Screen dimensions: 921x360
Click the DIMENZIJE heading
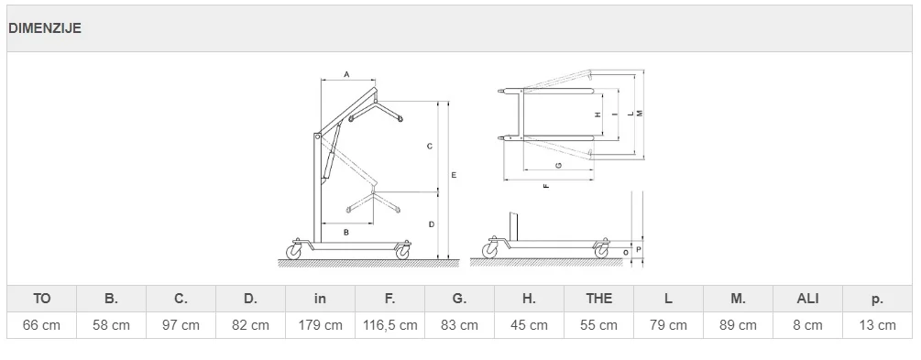[45, 28]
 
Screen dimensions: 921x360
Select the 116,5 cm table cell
[390, 325]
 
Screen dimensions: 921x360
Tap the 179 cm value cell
[320, 325]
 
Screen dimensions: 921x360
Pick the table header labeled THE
[598, 299]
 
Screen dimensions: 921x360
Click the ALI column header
[807, 299]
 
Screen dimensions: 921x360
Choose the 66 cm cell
[42, 325]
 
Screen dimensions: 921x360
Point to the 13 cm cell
[878, 325]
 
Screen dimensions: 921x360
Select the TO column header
[42, 299]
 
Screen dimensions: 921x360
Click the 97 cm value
[181, 325]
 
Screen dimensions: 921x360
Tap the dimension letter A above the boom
[346, 74]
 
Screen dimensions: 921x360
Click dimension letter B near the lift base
[346, 233]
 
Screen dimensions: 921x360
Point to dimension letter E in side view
[454, 175]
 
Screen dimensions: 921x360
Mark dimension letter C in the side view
[430, 147]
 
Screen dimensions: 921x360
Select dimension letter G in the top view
[559, 165]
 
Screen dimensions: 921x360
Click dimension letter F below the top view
[546, 186]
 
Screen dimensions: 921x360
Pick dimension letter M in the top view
[640, 113]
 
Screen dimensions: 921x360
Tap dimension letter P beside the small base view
[639, 249]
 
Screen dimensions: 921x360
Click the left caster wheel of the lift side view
[293, 252]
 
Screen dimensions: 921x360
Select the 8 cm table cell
[807, 325]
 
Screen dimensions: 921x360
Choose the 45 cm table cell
[529, 325]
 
